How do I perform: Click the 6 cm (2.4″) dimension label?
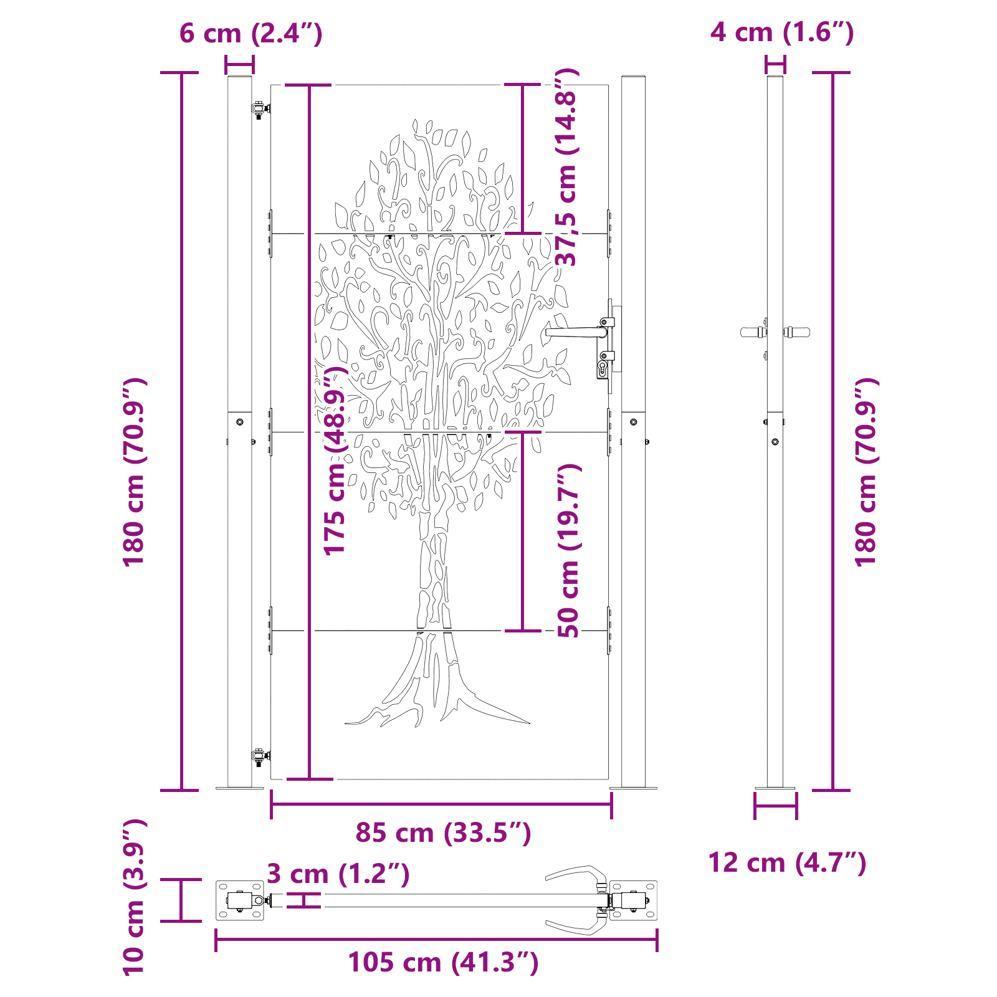click(250, 33)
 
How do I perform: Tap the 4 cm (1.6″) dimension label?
click(782, 32)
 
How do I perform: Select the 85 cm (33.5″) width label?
click(443, 832)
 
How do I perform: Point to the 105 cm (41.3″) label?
click(443, 962)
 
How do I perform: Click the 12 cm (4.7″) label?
click(787, 863)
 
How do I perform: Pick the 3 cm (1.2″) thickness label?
click(338, 874)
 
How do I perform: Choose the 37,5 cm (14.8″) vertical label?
click(567, 167)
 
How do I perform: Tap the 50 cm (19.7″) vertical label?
click(568, 550)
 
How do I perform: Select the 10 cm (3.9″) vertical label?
click(133, 897)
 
